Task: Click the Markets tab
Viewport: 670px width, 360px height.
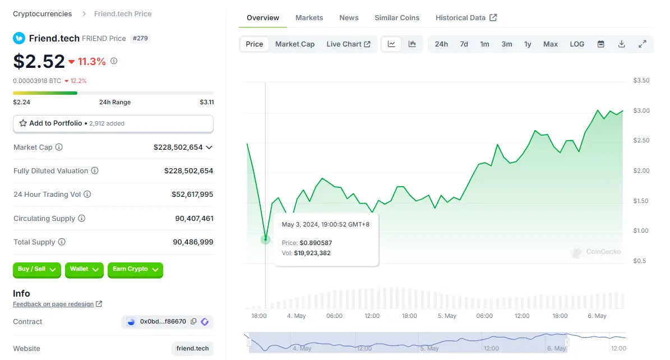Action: coord(309,18)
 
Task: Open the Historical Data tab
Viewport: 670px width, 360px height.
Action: coord(465,18)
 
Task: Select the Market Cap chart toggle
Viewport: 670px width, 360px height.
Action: coord(294,44)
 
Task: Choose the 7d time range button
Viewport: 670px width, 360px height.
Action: coord(464,44)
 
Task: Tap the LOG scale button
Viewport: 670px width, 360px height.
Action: coord(576,44)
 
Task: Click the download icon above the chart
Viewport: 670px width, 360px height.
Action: coord(621,44)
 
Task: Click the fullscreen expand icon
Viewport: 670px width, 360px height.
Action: coord(643,44)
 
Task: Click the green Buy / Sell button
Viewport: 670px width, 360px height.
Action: coord(36,270)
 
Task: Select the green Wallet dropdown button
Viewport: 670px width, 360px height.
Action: coord(84,270)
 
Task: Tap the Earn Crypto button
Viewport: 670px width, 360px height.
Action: coord(135,270)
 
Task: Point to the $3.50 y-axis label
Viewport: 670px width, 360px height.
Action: coord(641,81)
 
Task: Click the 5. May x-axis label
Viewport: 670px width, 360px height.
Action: coord(447,316)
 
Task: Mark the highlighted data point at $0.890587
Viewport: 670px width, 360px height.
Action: coord(265,239)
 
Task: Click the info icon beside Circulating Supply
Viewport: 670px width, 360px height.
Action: coord(82,219)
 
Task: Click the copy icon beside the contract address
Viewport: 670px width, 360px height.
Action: coord(193,322)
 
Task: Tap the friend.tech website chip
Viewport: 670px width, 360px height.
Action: coord(192,349)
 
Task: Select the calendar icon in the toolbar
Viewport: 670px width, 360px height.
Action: coord(600,44)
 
